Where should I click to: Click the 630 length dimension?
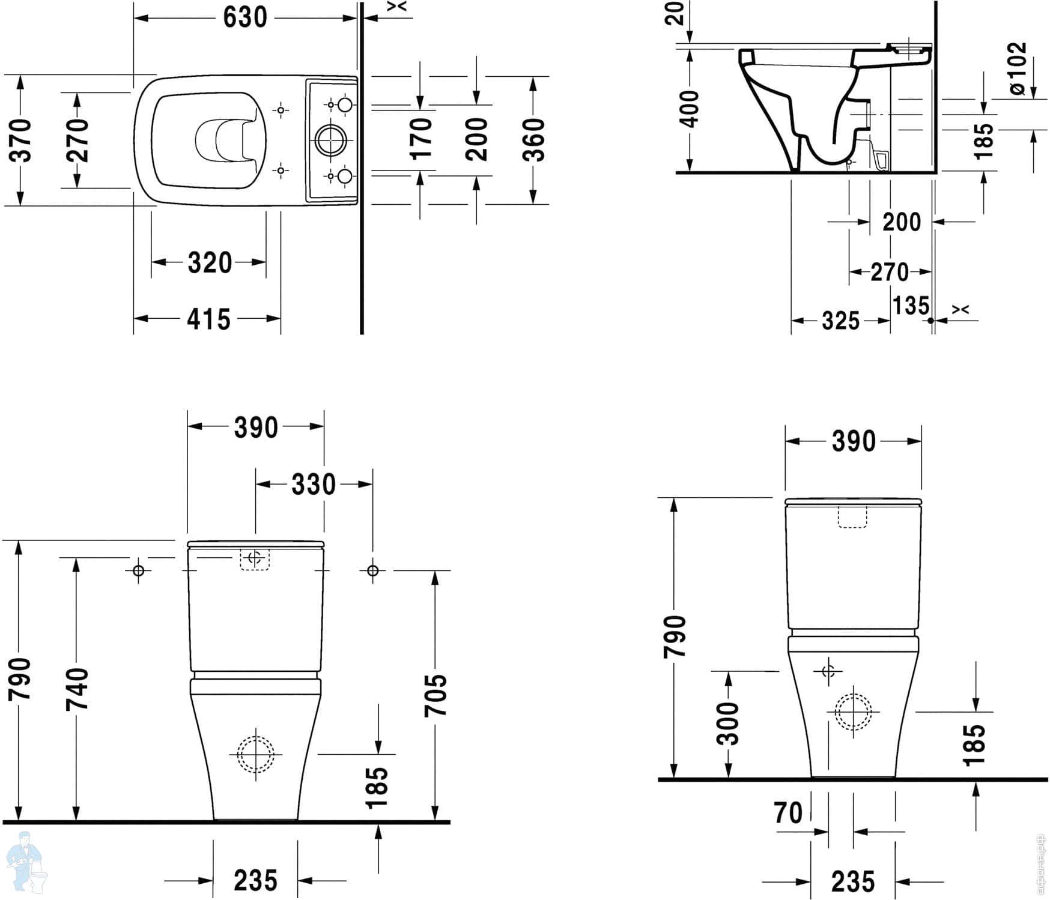click(x=245, y=17)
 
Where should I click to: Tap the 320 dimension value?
click(x=210, y=263)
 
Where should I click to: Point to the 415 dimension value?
click(x=208, y=319)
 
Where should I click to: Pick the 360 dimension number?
click(x=533, y=140)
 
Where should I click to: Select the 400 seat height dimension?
click(x=690, y=109)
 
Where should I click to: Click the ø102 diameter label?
click(x=1017, y=68)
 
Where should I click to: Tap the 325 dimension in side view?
click(x=840, y=321)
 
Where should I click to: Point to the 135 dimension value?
click(x=911, y=306)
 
